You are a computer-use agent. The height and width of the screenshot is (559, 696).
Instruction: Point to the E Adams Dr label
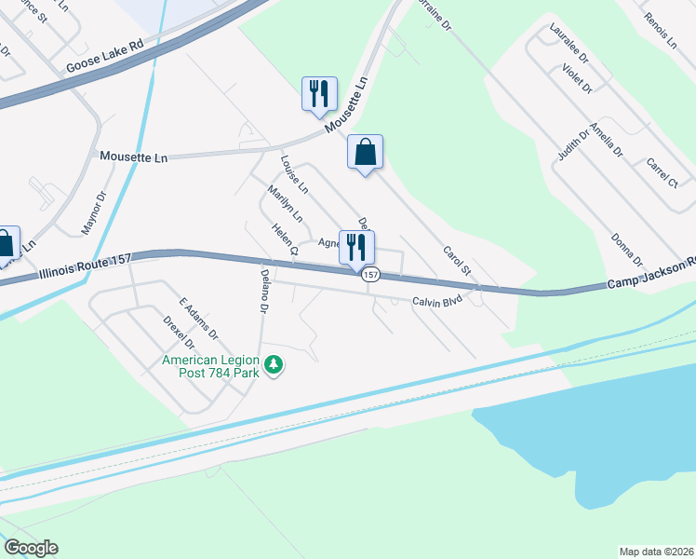198,319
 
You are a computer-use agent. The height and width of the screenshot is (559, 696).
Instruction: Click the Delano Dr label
264,290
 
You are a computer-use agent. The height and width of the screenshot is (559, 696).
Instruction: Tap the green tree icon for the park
274,365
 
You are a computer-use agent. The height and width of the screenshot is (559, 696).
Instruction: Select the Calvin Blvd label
437,301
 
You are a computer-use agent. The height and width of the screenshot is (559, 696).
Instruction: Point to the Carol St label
456,260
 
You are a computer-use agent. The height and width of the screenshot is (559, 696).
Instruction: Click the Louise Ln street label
294,174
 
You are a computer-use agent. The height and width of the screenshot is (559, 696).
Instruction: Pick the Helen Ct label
284,239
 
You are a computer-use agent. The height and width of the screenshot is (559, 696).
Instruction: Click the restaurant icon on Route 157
356,247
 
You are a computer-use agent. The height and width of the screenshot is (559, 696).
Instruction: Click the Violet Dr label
577,77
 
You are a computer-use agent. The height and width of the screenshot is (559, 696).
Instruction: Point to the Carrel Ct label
662,172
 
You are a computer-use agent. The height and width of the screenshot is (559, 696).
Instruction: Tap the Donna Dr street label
627,249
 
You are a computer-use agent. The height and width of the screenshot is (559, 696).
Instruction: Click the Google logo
31,548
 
